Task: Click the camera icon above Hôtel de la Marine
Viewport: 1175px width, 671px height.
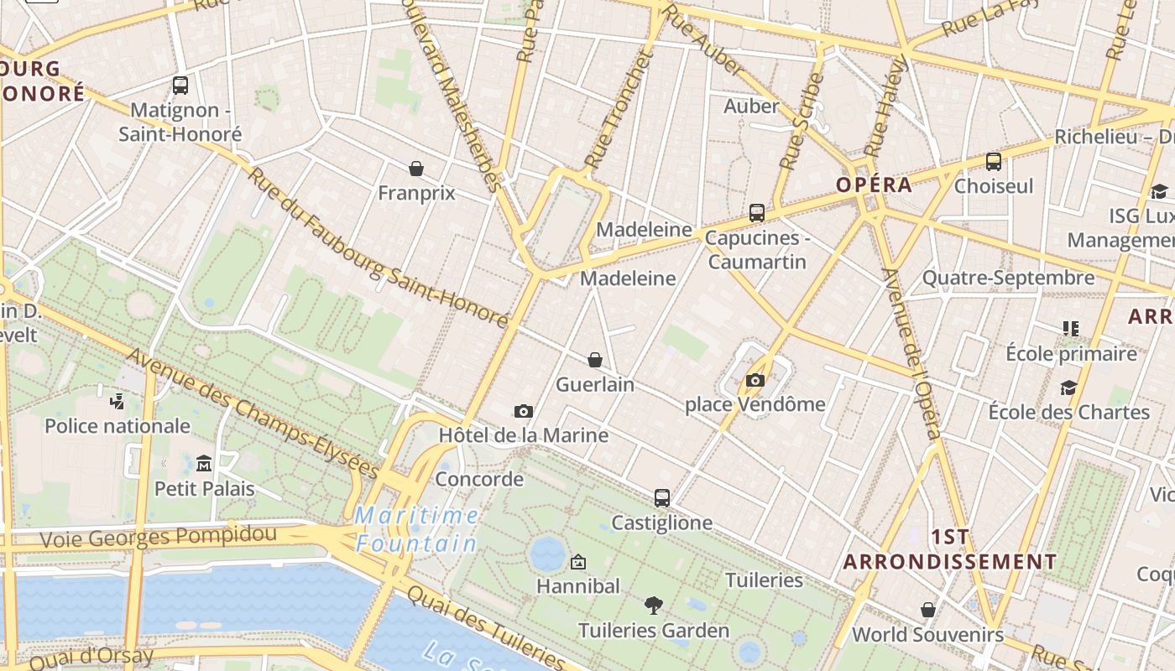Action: (x=524, y=411)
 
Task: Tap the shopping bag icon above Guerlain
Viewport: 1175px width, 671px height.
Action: (x=595, y=360)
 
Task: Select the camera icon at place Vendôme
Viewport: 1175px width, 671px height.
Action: (x=755, y=380)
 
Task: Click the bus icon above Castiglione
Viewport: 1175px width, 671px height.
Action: (x=662, y=498)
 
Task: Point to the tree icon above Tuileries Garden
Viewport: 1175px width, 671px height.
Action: (x=654, y=605)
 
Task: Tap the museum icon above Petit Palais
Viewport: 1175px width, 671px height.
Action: (x=204, y=463)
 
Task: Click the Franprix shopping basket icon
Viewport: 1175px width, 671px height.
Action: (x=416, y=169)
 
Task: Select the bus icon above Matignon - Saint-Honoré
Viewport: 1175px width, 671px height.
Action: (x=180, y=85)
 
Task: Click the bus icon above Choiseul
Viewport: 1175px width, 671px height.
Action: (x=994, y=162)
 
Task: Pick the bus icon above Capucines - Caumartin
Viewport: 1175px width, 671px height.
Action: (x=757, y=213)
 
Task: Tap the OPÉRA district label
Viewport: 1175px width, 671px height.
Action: (x=874, y=185)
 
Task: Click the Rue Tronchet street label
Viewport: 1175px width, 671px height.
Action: (x=618, y=109)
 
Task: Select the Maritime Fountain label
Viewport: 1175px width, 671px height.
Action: (x=416, y=529)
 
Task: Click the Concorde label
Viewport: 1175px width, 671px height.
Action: (x=479, y=480)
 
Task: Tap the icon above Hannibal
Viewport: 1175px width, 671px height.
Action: (x=578, y=562)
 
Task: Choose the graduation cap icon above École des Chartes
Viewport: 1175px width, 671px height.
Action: (x=1068, y=388)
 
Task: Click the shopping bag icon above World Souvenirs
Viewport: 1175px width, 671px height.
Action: (x=928, y=610)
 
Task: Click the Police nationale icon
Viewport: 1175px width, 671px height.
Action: (x=117, y=401)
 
